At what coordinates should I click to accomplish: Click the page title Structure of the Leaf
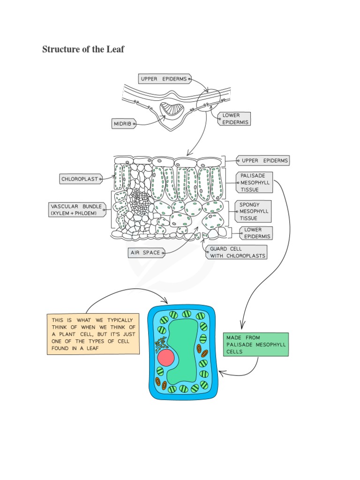point(83,49)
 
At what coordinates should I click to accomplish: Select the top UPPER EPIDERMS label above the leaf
point(164,79)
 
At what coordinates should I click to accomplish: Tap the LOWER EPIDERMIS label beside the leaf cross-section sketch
point(234,119)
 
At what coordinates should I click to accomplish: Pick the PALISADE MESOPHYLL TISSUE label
point(255,182)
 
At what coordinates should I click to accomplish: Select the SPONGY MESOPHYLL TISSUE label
point(254,211)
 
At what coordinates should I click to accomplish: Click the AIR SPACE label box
point(146,253)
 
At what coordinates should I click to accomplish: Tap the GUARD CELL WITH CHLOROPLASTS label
point(236,252)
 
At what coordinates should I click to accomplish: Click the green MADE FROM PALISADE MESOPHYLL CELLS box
point(255,345)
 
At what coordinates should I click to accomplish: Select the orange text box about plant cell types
point(93,334)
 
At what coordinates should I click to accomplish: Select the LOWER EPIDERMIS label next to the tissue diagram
point(256,233)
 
